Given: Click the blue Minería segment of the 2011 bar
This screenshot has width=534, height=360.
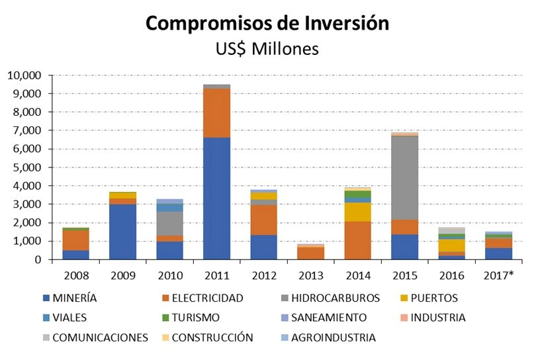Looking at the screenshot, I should [x=216, y=199].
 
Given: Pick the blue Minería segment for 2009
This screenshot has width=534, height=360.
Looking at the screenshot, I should [x=122, y=232].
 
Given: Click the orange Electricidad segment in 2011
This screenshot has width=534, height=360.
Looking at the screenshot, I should [x=216, y=113].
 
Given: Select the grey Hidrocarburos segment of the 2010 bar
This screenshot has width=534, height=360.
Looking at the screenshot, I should [x=169, y=224].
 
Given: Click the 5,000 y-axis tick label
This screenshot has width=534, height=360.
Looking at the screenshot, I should [x=26, y=167].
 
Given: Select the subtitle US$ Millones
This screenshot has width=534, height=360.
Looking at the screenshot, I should [x=267, y=49].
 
